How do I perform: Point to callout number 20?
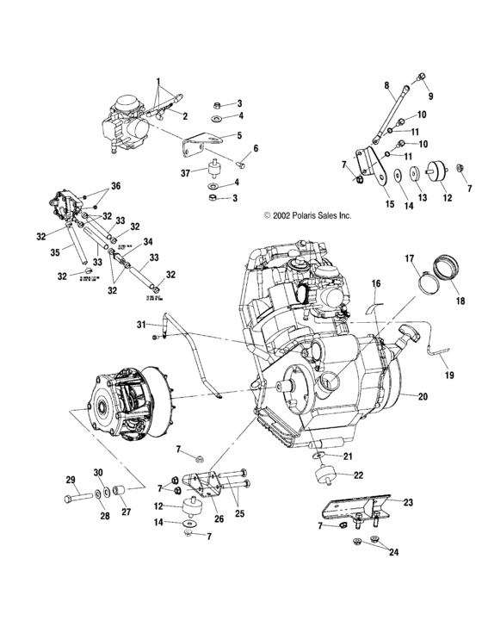click(423, 396)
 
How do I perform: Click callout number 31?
click(140, 324)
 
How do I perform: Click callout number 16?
click(375, 283)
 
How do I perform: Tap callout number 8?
click(386, 85)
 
